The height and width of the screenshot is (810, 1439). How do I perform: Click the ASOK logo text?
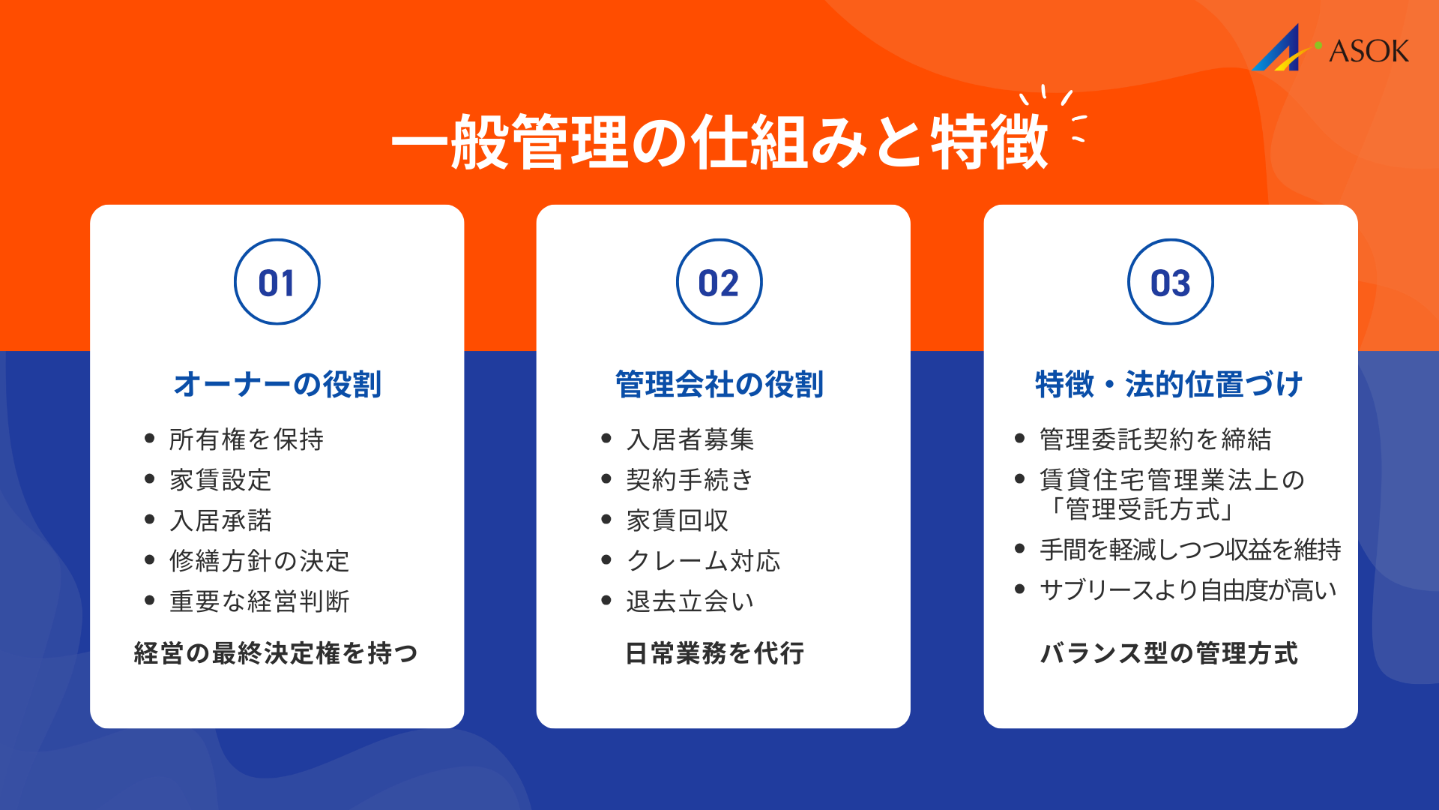coord(1368,51)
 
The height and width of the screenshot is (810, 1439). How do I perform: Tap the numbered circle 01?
coord(277,282)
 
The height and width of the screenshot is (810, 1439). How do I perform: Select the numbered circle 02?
coord(719,282)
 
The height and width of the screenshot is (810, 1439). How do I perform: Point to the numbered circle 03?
coord(1170,282)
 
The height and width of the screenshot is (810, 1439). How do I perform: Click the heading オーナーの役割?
coord(277,384)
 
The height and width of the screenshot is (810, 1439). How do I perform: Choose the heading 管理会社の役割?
coord(719,384)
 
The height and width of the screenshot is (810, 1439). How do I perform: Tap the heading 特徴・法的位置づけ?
coord(1169,384)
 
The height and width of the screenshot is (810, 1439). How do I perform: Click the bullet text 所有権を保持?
coord(247,439)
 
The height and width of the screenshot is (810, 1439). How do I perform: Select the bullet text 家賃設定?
coord(220,480)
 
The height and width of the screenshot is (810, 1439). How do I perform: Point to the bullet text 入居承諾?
coord(220,520)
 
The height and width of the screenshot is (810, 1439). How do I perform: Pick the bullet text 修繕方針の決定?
coord(259,561)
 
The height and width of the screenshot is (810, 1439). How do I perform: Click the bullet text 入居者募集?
coord(690,439)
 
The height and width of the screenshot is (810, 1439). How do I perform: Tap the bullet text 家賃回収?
coord(678,520)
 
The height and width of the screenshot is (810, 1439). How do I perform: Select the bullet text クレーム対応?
coord(703,561)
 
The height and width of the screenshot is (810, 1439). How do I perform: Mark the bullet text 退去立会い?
coord(690,601)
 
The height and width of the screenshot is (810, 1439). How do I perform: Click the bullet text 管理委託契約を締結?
coord(1156,439)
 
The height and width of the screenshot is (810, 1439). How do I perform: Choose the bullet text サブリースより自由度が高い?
coord(1188,590)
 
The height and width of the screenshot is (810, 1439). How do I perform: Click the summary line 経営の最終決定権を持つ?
coord(276,653)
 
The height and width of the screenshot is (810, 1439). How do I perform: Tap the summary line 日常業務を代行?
coord(715,653)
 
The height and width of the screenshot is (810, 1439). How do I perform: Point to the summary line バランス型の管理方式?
coord(1169,653)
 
